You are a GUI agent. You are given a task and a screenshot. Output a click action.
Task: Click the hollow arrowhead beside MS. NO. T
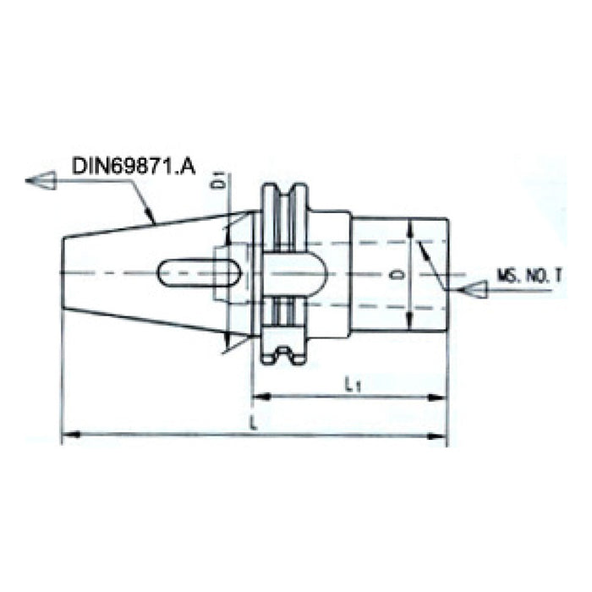(475, 290)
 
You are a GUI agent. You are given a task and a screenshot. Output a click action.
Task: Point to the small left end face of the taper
(63, 272)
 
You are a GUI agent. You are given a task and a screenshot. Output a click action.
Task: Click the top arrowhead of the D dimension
(410, 226)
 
